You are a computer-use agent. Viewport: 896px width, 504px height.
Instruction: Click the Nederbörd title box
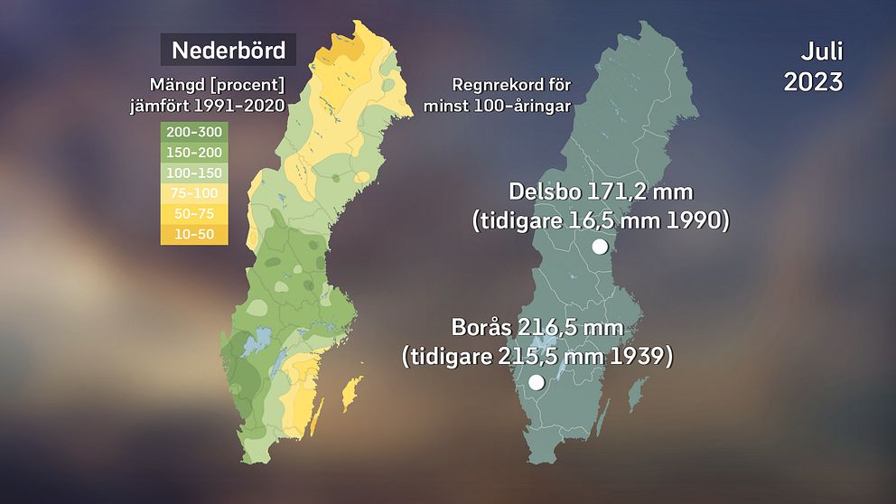tap(229, 50)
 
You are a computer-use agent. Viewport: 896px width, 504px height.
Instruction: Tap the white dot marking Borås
tap(536, 382)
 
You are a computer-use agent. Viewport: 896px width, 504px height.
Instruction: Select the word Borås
tap(484, 327)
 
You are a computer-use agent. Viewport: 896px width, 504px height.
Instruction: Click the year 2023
tap(813, 81)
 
